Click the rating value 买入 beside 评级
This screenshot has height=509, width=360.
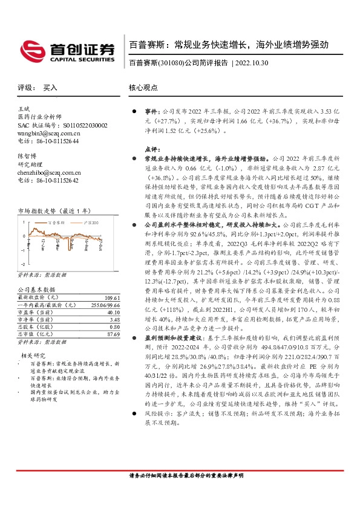(50, 88)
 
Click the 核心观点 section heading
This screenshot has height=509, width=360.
(143, 88)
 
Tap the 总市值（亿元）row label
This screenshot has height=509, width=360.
(34, 334)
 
